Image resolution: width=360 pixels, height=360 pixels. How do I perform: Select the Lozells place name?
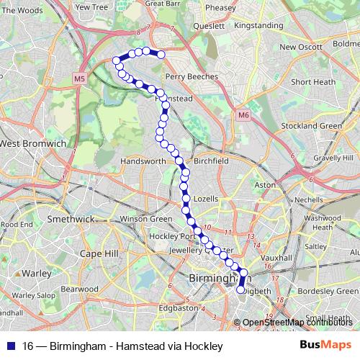(205, 198)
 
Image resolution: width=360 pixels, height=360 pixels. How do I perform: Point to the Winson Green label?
(146, 219)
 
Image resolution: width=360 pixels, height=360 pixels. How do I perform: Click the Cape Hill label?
(99, 253)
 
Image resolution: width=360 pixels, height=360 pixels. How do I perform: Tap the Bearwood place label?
(79, 288)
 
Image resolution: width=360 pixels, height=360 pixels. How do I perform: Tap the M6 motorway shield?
(243, 114)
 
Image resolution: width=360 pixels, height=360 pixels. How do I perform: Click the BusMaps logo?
(325, 346)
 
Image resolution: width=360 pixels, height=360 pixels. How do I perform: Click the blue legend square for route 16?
(10, 346)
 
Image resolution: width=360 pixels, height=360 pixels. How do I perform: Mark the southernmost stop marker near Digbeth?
(241, 289)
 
